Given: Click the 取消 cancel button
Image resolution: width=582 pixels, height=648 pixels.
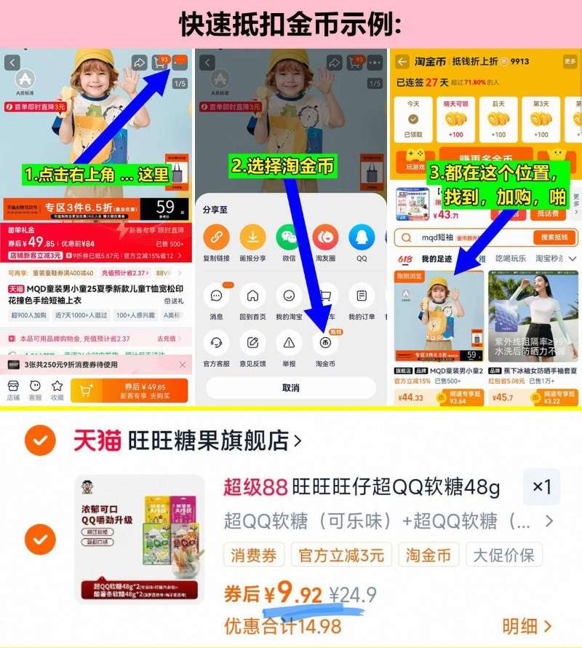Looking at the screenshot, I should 290,388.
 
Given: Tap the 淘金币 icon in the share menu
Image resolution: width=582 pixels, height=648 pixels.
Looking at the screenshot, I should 325,342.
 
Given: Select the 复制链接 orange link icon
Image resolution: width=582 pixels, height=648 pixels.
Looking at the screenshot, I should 215,237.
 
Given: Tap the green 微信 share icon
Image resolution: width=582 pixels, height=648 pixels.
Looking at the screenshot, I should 288,237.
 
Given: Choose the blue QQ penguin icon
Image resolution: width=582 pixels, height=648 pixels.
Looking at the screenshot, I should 362,237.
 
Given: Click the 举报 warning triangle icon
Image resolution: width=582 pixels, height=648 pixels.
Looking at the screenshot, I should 289,342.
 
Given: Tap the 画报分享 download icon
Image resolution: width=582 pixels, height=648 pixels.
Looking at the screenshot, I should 252,237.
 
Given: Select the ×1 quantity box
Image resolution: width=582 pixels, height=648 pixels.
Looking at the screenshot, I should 541,487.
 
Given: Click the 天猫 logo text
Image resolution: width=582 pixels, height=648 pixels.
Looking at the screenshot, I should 97,440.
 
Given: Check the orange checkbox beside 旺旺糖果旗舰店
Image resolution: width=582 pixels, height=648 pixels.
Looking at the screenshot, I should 39,440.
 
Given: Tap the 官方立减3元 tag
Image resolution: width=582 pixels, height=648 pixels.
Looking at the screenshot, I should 340,556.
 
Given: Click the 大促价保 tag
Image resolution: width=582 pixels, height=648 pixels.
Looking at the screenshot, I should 503,556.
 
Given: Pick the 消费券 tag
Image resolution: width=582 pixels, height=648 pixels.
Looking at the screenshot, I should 254,556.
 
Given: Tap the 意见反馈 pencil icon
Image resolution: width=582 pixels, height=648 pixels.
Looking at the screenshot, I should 252,342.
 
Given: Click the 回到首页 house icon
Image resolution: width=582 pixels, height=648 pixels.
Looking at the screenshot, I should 252,296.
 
